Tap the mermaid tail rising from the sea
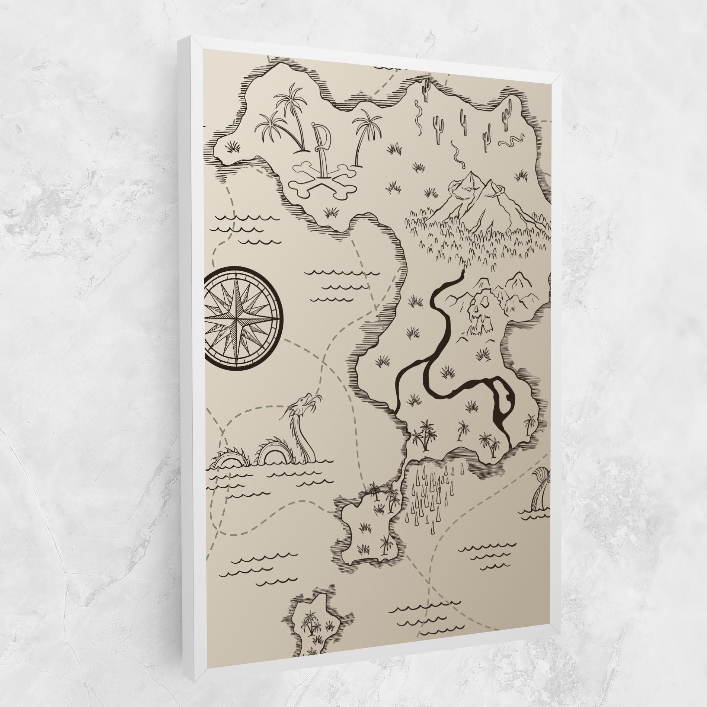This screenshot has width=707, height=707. click(x=538, y=491)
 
